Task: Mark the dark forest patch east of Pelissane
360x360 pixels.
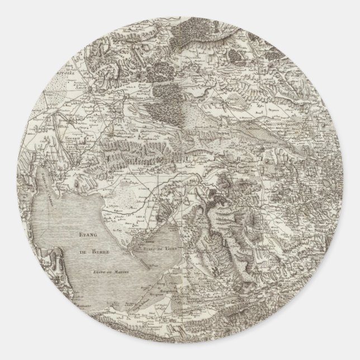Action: pyautogui.click(x=168, y=89)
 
